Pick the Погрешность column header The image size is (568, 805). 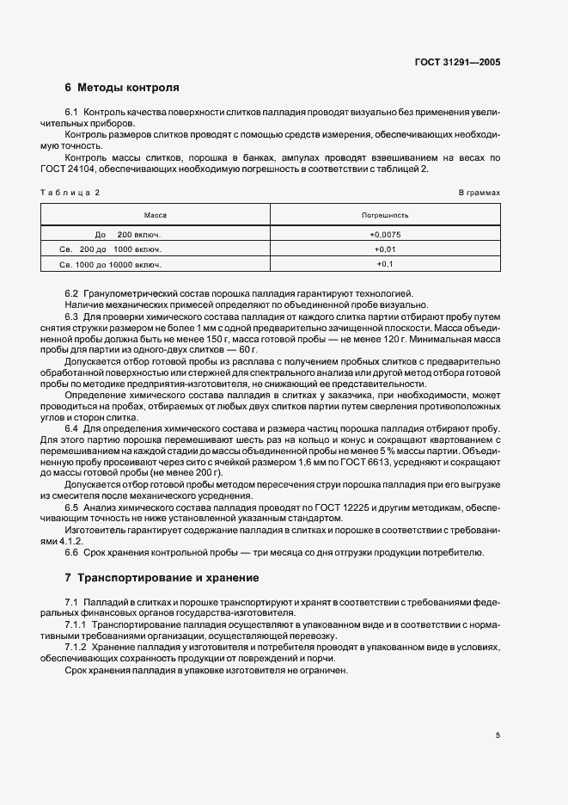[385, 214]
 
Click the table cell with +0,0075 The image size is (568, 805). [385, 234]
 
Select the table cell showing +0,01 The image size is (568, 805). [385, 249]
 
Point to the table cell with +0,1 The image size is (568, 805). [385, 263]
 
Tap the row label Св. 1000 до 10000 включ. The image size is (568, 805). [105, 263]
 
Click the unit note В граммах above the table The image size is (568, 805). [479, 193]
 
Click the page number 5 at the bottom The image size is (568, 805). [498, 735]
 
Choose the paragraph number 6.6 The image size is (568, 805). [71, 552]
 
